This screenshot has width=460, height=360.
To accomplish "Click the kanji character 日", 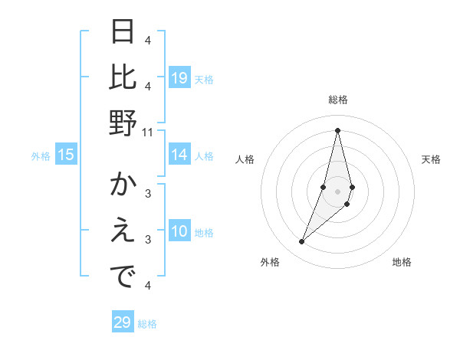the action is click(123, 32).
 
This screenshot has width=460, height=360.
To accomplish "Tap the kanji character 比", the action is click(123, 77).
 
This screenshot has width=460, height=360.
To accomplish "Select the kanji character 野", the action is click(123, 123).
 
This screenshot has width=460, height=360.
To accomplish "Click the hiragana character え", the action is click(123, 231).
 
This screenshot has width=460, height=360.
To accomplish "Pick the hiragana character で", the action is click(123, 277).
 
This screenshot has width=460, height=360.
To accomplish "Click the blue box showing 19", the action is click(179, 78).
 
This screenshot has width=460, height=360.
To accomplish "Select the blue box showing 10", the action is click(179, 232).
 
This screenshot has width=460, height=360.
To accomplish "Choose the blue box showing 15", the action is click(66, 155).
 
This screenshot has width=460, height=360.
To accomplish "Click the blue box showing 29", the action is click(123, 322).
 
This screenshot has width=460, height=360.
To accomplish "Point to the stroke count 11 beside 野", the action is click(148, 132).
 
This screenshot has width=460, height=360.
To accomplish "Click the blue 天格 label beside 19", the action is click(204, 79).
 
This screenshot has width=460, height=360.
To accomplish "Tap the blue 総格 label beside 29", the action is click(147, 324).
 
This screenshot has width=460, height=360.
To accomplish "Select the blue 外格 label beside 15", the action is click(41, 156).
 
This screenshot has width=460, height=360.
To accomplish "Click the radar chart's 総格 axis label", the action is click(337, 100).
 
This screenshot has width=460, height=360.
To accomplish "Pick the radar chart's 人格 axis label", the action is click(245, 159).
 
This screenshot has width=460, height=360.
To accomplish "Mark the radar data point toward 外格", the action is click(302, 242).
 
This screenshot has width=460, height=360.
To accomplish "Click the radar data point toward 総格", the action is click(337, 129).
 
